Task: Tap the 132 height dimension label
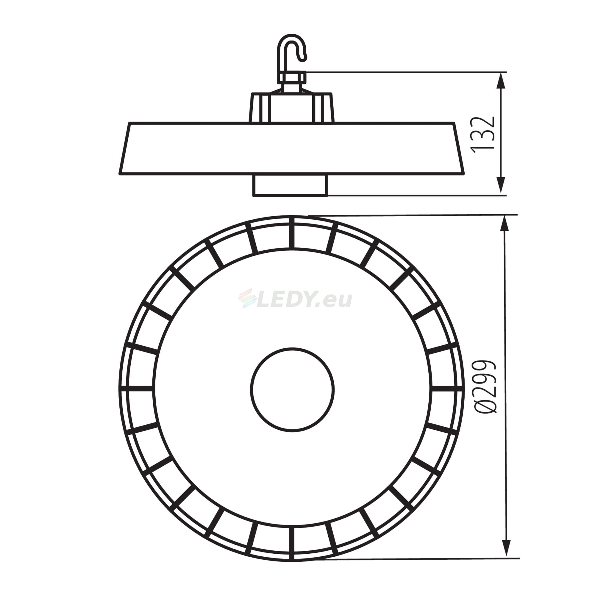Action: [482, 134]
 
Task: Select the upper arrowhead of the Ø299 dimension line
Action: [505, 224]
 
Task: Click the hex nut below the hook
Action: [291, 77]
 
